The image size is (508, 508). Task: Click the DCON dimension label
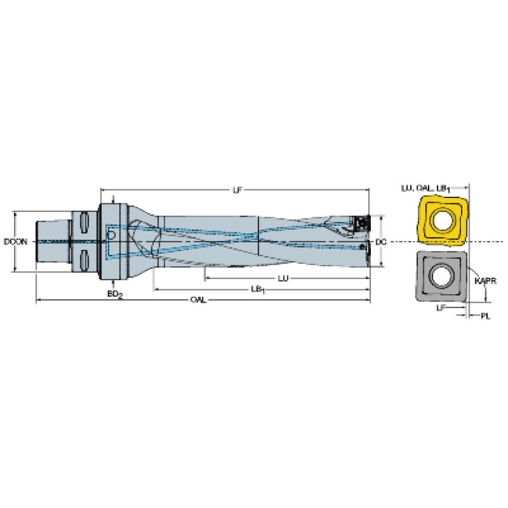click(15, 242)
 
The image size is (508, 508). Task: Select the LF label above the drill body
click(238, 190)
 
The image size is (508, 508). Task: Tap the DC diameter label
click(381, 242)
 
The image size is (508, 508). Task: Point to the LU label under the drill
click(283, 278)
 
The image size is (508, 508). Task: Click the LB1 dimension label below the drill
click(258, 289)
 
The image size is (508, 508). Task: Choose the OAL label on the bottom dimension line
click(198, 300)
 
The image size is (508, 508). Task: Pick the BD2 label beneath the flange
click(115, 294)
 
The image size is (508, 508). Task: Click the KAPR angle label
click(485, 281)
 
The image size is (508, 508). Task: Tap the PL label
click(485, 316)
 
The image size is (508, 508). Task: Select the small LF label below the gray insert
click(441, 308)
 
